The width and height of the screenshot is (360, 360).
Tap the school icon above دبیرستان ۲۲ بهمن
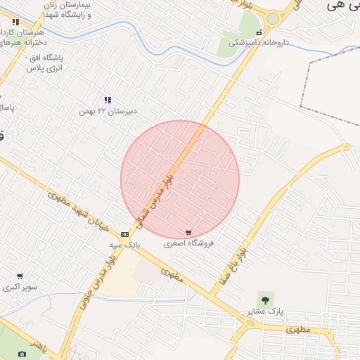coord(108,101)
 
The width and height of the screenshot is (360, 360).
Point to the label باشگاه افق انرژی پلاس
coord(46,62)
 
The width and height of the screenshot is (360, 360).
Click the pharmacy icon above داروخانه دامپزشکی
coord(259,32)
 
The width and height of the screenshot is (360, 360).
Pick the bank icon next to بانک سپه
coord(124,234)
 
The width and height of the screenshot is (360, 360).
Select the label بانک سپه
coord(124,245)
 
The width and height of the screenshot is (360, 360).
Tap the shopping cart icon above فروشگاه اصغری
coord(188,233)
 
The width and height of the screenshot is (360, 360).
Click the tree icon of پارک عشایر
coord(264,300)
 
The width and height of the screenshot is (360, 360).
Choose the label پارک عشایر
coord(265,311)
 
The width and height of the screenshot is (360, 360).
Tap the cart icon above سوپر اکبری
coord(20,276)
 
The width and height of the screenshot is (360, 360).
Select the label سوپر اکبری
coord(20,287)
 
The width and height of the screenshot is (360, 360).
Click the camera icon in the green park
coord(22,354)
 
